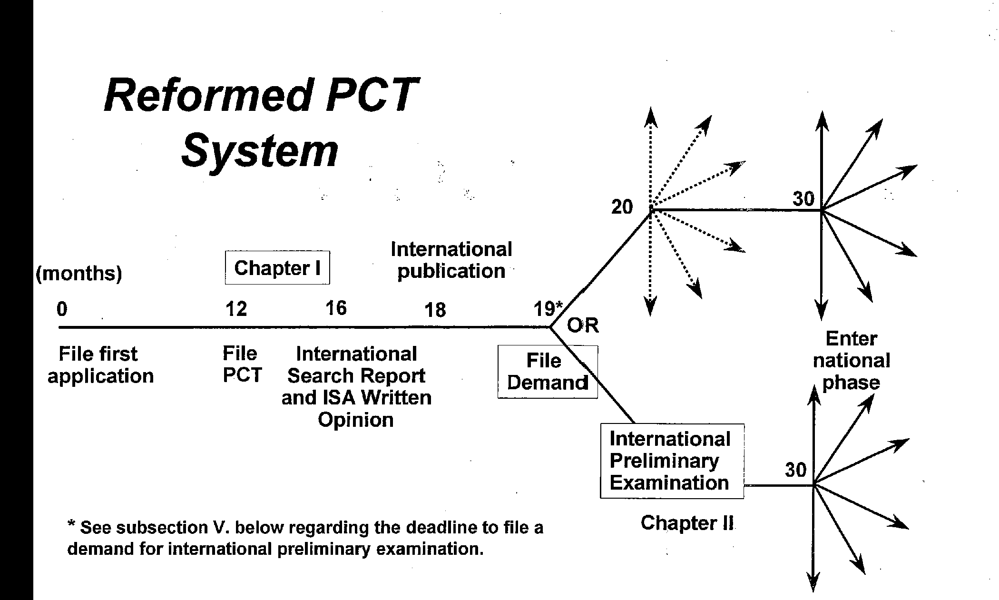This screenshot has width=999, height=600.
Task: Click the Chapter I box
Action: [x=277, y=268]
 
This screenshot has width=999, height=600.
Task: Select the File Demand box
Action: [x=547, y=372]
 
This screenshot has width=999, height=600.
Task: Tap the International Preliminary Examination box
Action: [x=671, y=461]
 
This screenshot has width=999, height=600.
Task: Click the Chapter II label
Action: [x=687, y=523]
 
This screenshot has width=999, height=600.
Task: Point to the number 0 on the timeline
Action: [x=62, y=309]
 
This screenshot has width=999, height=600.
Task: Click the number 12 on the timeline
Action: [x=236, y=309]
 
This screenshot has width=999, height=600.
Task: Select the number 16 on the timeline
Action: [x=336, y=308]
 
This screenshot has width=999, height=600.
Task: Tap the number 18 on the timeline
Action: [x=435, y=310]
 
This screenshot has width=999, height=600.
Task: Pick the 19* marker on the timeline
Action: [x=548, y=309]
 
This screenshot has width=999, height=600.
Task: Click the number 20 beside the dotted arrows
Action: [x=622, y=207]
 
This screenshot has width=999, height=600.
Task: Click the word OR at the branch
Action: [x=583, y=325]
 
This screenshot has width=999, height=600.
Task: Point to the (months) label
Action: [x=79, y=274]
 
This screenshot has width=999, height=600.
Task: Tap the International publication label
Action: [x=451, y=260]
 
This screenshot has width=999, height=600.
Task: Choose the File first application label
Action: [x=100, y=365]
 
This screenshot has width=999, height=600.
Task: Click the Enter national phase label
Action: [x=851, y=361]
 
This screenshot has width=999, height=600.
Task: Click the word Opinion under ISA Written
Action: [x=356, y=420]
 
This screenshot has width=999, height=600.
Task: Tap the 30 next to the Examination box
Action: [x=796, y=470]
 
